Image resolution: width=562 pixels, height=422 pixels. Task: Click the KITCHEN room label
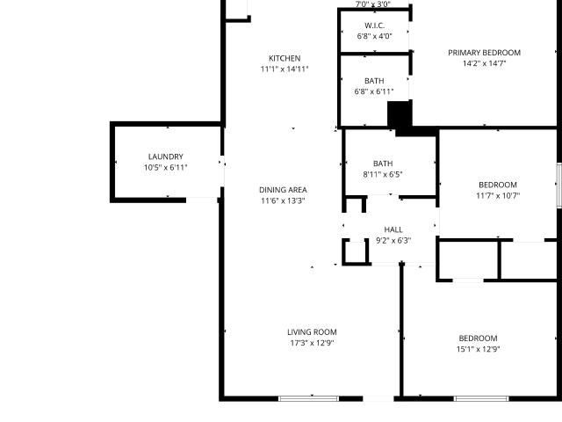[285, 59]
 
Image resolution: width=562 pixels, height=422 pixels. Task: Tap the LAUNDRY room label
[166, 156]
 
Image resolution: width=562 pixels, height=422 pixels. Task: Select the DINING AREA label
[283, 190]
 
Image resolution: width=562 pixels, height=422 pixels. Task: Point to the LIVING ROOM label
[312, 332]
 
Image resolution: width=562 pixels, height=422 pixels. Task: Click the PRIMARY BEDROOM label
[484, 53]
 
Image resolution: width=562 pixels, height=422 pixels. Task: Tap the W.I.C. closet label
[375, 25]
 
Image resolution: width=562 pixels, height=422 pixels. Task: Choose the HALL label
[393, 229]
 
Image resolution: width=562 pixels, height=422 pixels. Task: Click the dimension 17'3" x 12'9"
[312, 343]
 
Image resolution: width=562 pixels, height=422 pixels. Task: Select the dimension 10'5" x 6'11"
[166, 168]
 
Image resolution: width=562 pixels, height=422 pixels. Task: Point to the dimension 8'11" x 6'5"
[383, 174]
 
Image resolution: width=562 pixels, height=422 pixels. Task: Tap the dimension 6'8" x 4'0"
[375, 36]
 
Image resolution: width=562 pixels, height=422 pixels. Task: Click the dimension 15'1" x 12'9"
[478, 349]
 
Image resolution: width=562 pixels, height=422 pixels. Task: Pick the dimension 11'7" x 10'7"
[498, 196]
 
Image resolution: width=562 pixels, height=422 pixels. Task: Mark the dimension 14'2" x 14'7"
[484, 63]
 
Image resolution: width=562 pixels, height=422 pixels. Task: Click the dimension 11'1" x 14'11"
[285, 69]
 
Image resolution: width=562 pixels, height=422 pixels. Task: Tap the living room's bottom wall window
[308, 398]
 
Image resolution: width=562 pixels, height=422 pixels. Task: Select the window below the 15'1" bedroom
[481, 398]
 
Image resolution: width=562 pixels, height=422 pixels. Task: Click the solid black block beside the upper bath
[400, 114]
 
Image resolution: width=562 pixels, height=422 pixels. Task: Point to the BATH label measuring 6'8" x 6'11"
[374, 81]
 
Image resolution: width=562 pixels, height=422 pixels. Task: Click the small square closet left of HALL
[356, 252]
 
